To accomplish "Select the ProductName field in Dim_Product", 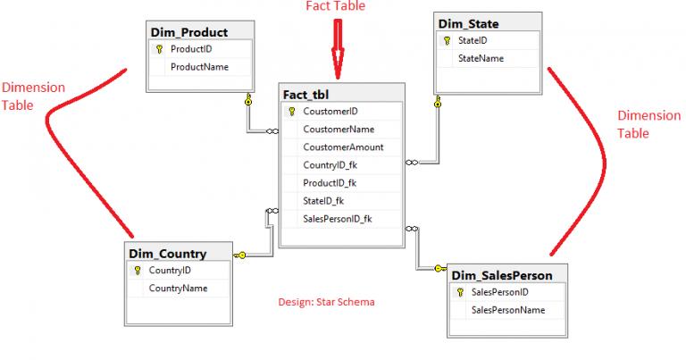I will [199, 66].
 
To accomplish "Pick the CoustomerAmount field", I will [343, 147].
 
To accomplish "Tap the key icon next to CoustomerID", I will [291, 112].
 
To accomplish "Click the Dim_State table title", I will [468, 22].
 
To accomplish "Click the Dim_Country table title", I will [168, 254].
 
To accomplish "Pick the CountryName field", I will [178, 289].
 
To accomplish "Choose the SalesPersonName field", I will [507, 310].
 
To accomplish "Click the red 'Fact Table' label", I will [336, 6].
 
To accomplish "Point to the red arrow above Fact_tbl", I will [338, 49].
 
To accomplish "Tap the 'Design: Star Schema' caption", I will [326, 302].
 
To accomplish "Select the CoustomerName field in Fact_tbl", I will [339, 130].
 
